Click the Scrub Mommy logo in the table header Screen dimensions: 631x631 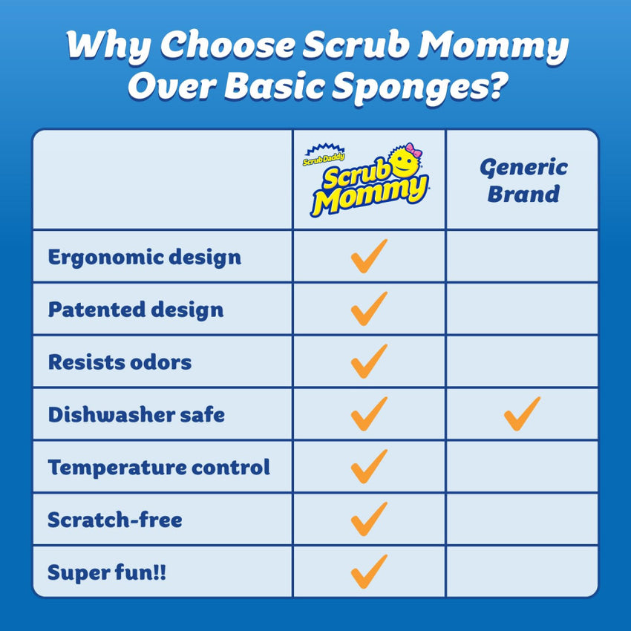[x=369, y=181]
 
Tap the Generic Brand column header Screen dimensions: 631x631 [x=523, y=180]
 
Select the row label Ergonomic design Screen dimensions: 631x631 [x=144, y=257]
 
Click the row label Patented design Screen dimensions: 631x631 [x=135, y=310]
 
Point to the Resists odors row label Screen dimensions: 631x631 [x=120, y=362]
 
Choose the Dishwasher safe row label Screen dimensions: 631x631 [x=136, y=414]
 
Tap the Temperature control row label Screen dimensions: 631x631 [x=159, y=468]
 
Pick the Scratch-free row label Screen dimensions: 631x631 [x=114, y=520]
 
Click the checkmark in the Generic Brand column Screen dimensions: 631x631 [x=522, y=414]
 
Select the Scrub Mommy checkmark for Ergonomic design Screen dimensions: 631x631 [x=369, y=256]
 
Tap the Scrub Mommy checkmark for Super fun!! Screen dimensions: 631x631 [x=369, y=572]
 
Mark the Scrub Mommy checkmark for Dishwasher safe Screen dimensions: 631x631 [x=369, y=414]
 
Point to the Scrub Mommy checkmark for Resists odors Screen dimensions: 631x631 [x=369, y=362]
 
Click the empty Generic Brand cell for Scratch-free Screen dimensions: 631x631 [x=522, y=520]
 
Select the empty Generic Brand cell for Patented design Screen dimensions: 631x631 [x=522, y=309]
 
